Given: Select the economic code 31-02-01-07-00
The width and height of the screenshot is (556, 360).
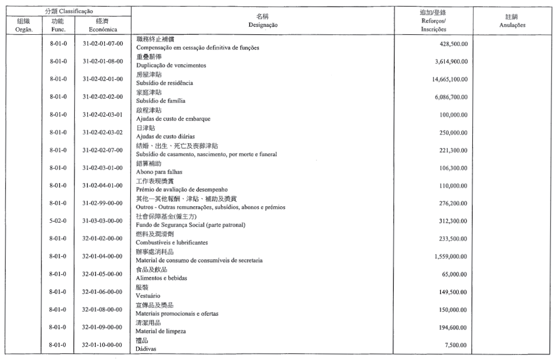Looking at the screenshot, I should coord(103,44).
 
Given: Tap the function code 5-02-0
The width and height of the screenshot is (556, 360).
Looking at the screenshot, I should coord(59,221).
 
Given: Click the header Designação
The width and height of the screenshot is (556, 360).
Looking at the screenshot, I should coord(262,25).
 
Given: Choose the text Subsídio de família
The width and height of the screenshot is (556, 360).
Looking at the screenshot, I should coord(160,101).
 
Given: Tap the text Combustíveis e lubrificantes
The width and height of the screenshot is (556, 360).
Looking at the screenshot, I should coord(172,242).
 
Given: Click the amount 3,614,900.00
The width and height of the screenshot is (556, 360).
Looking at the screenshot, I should coord(452,61).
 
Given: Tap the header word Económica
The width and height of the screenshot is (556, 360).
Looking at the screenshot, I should coord(103,29).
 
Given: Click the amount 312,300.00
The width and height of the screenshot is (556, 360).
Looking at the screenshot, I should coord(456,221).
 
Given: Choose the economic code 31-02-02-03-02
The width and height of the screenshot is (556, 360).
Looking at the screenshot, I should coord(103,132).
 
